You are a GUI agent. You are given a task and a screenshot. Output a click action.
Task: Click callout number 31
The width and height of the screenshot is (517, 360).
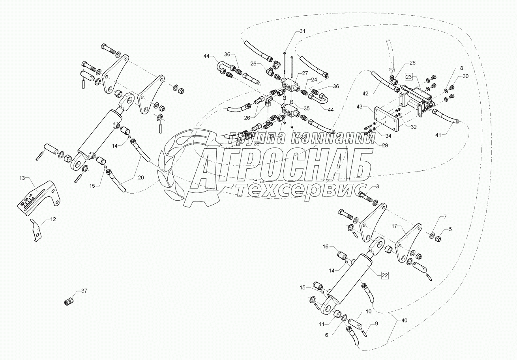click(x=302, y=31)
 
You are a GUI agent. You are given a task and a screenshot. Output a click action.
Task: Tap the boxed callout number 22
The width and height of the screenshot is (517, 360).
click(x=385, y=275)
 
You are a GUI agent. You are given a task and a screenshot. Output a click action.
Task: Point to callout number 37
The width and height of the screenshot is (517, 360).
click(x=84, y=291)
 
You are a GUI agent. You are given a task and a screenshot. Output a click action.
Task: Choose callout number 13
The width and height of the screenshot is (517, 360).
click(x=22, y=178)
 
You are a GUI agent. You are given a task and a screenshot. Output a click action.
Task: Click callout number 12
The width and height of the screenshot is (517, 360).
click(x=52, y=219)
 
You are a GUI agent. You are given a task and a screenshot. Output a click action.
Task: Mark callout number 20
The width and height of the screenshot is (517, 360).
click(x=141, y=177)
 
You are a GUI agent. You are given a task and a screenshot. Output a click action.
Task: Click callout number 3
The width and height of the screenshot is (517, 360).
click(x=378, y=186)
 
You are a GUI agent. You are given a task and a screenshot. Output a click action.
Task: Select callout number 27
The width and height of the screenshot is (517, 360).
click(x=305, y=73)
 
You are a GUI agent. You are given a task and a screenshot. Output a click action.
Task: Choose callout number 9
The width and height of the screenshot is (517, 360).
click(x=376, y=324)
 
